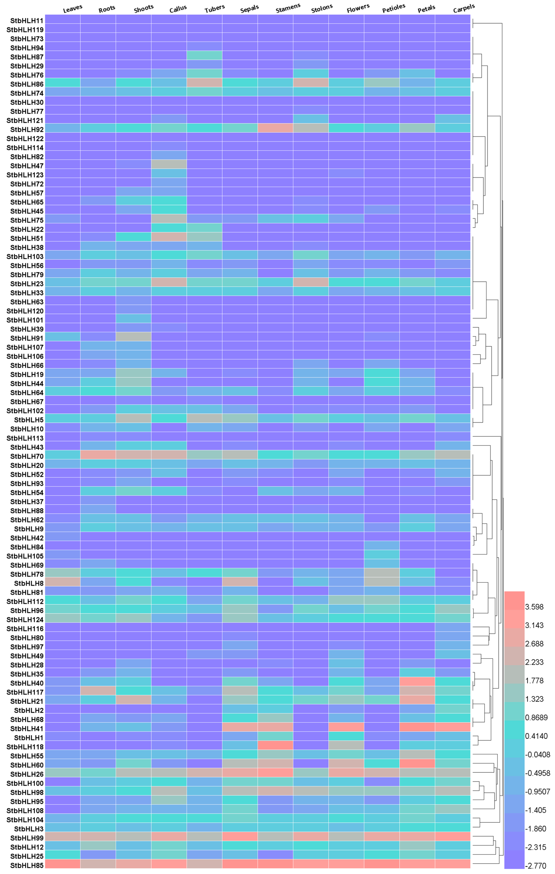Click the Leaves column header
(73, 8)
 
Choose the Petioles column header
(393, 8)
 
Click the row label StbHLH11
(27, 21)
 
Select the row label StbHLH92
(27, 130)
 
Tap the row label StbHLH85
(27, 865)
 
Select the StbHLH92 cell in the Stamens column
(275, 128)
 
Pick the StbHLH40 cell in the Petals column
(417, 682)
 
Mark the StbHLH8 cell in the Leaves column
(62, 582)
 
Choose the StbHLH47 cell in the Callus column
(169, 164)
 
